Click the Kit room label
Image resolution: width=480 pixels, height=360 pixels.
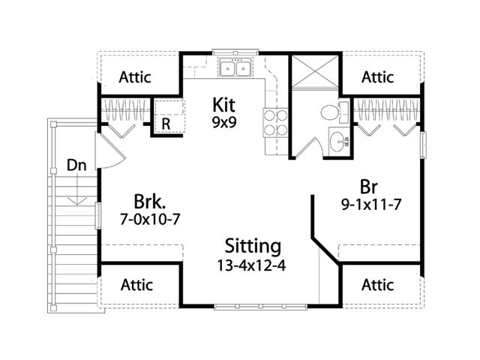click(x=224, y=105)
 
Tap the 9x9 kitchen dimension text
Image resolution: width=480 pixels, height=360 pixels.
click(x=224, y=122)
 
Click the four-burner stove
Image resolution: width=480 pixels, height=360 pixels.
click(x=275, y=122)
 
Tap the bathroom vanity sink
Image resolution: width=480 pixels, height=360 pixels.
click(x=339, y=141)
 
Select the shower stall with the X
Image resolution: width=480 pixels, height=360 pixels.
click(x=315, y=71)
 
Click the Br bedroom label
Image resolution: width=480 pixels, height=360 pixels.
click(x=369, y=187)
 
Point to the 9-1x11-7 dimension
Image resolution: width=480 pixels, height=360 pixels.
click(x=371, y=205)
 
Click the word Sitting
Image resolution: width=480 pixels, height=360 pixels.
click(x=253, y=246)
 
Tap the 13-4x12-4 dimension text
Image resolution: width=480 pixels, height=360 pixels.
click(x=251, y=265)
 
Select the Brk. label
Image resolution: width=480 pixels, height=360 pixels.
click(x=150, y=202)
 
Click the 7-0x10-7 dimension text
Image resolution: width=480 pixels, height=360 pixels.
click(x=150, y=219)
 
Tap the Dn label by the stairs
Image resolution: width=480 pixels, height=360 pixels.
click(x=76, y=165)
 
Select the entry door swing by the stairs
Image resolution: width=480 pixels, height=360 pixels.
click(x=111, y=150)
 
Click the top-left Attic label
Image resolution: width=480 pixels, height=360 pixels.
click(x=135, y=77)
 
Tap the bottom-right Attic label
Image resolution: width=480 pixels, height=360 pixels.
click(x=377, y=285)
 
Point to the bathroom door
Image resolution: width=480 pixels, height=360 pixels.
click(x=309, y=148)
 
